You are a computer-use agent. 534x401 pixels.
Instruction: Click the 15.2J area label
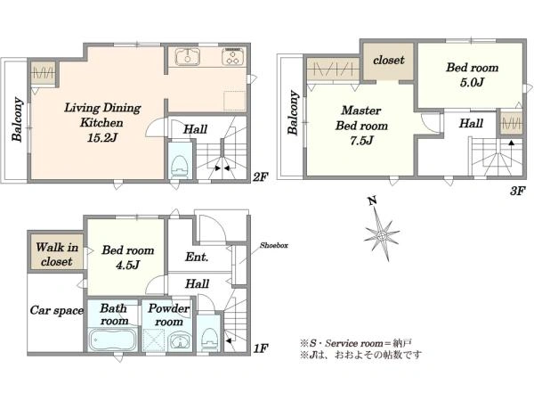coord(102,138)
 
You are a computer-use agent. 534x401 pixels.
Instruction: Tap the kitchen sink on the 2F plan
coord(188,57)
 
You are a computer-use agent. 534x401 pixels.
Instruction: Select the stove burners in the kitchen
coord(233,57)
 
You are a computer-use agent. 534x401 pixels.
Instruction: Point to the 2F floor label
coord(261,176)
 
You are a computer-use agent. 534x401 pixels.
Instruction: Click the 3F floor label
coord(518,191)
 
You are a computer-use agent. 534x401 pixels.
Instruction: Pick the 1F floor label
coord(261,348)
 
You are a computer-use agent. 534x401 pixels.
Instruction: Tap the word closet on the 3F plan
coord(389,60)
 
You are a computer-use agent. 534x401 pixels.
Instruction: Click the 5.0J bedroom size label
coord(472,82)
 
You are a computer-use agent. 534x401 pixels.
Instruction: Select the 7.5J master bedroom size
coord(361,140)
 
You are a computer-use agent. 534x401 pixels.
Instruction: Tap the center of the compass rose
coord(382,235)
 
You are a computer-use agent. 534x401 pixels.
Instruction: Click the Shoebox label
coord(274,245)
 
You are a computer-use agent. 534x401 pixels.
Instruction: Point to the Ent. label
coord(197,257)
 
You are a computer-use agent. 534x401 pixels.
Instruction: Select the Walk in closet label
coord(57,254)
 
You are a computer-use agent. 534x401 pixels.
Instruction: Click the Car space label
coord(57,310)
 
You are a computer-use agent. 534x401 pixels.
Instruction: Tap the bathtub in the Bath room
coord(112,340)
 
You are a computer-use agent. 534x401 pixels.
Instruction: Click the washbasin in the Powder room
coord(179,341)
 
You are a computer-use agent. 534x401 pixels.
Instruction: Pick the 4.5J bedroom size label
coord(127,265)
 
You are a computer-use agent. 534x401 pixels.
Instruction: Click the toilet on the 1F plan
coord(210,340)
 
